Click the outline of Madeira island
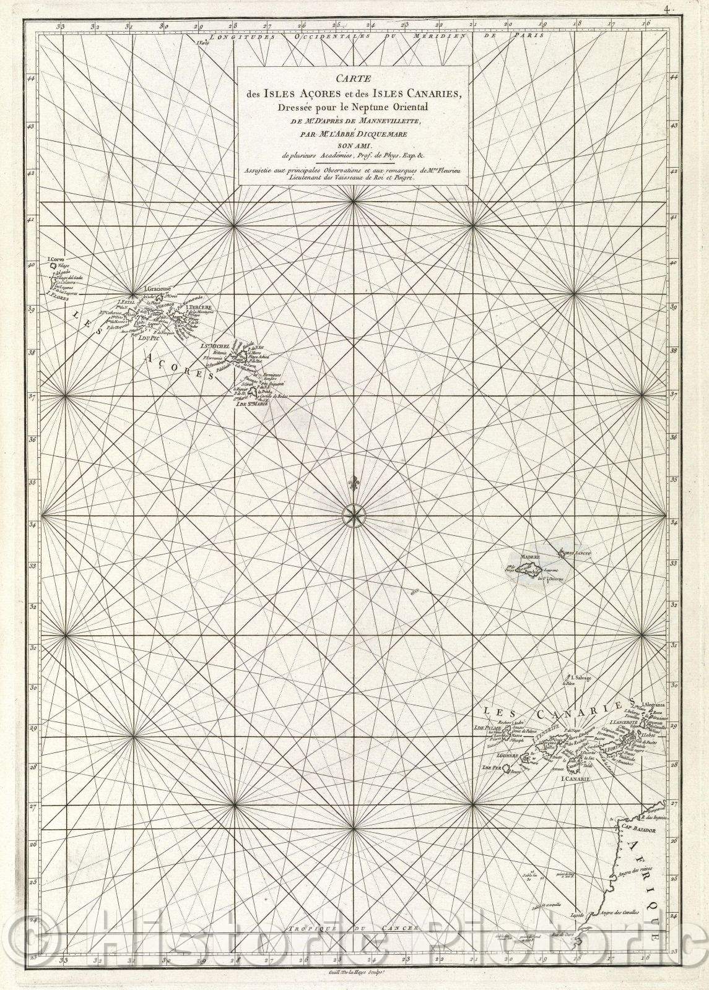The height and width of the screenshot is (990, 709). pyautogui.click(x=526, y=568)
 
